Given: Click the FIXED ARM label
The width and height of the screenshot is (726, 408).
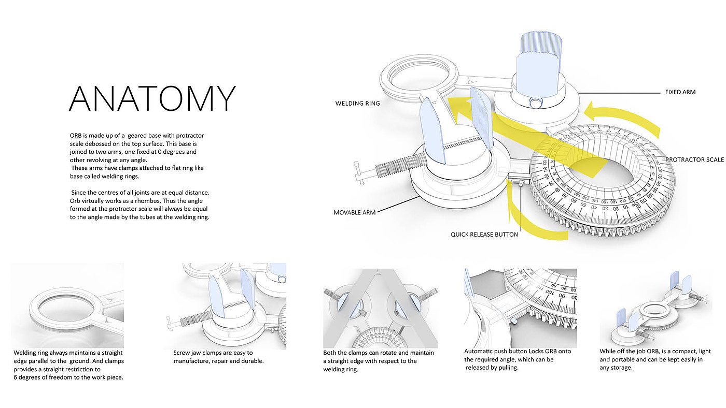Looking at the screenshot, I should click(680, 92).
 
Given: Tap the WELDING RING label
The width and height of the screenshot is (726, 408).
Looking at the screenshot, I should click(357, 104).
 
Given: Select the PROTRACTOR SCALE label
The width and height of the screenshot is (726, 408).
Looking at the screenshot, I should click(694, 159).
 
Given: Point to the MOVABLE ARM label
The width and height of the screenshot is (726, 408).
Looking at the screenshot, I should click(354, 212).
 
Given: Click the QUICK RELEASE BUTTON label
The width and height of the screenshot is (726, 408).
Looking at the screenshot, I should click(484, 235).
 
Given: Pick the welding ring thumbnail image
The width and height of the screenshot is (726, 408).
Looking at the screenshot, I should click(67, 305).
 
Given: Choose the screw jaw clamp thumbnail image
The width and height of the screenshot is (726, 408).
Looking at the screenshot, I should click(226, 305).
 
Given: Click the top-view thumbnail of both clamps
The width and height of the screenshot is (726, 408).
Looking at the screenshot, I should click(380, 308).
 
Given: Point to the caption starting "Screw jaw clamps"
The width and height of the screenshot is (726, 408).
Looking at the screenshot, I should click(218, 357).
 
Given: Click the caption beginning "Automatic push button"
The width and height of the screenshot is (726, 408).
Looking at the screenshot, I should click(517, 359).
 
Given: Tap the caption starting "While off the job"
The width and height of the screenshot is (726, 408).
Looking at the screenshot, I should click(655, 359).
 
